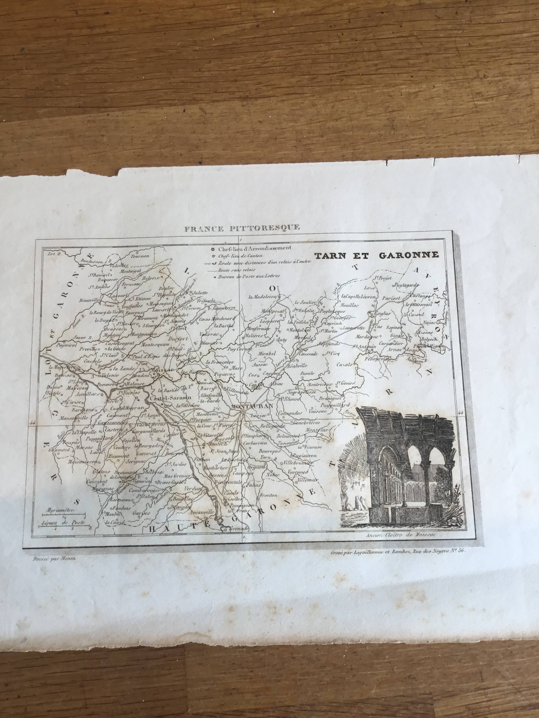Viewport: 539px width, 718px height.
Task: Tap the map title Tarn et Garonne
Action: [x=376, y=255]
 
